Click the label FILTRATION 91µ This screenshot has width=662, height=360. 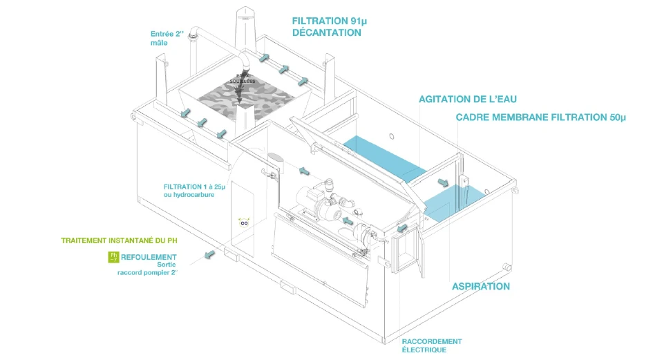pyautogui.click(x=326, y=21)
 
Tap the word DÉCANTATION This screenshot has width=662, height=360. pyautogui.click(x=326, y=32)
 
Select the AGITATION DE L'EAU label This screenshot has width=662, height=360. pyautogui.click(x=468, y=100)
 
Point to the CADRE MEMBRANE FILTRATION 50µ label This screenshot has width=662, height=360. pyautogui.click(x=540, y=117)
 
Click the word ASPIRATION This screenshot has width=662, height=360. pyautogui.click(x=481, y=286)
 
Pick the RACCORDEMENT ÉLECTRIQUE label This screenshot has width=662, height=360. pyautogui.click(x=432, y=345)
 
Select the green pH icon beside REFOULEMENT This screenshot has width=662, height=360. pyautogui.click(x=114, y=258)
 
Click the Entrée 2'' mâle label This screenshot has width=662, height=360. pyautogui.click(x=168, y=37)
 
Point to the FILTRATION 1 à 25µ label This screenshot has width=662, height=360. pyautogui.click(x=189, y=191)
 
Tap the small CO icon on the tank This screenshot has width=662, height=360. pyautogui.click(x=243, y=222)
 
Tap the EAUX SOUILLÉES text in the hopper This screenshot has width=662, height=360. pyautogui.click(x=247, y=79)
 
